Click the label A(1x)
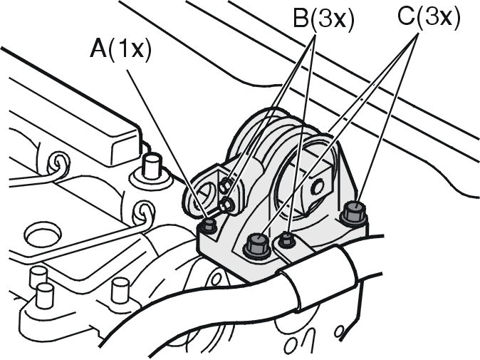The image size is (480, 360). coord(120,50)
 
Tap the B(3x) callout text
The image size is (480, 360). coord(324,20)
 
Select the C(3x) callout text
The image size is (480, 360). coord(429,18)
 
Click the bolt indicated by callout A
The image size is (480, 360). coord(209,226)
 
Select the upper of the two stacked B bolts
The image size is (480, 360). coord(226,185)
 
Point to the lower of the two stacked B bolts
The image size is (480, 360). coord(227,205)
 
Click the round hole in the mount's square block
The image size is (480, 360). coord(318,186)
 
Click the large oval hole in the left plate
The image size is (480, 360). coord(43,235)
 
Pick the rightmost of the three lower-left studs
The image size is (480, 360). coord(119,289)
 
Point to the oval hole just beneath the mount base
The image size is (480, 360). coord(216,279)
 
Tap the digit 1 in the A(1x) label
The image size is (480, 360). coord(122,49)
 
